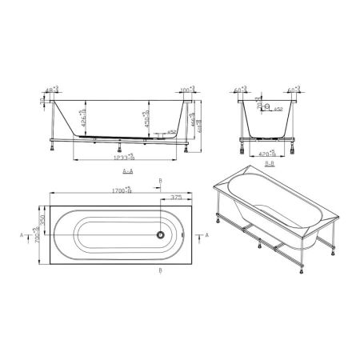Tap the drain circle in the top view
coord(160,235)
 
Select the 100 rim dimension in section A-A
coord(186,90)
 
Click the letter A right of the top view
coord(207,236)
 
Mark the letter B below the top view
coord(160,273)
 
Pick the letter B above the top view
coord(160,182)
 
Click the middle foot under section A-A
coord(120,147)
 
